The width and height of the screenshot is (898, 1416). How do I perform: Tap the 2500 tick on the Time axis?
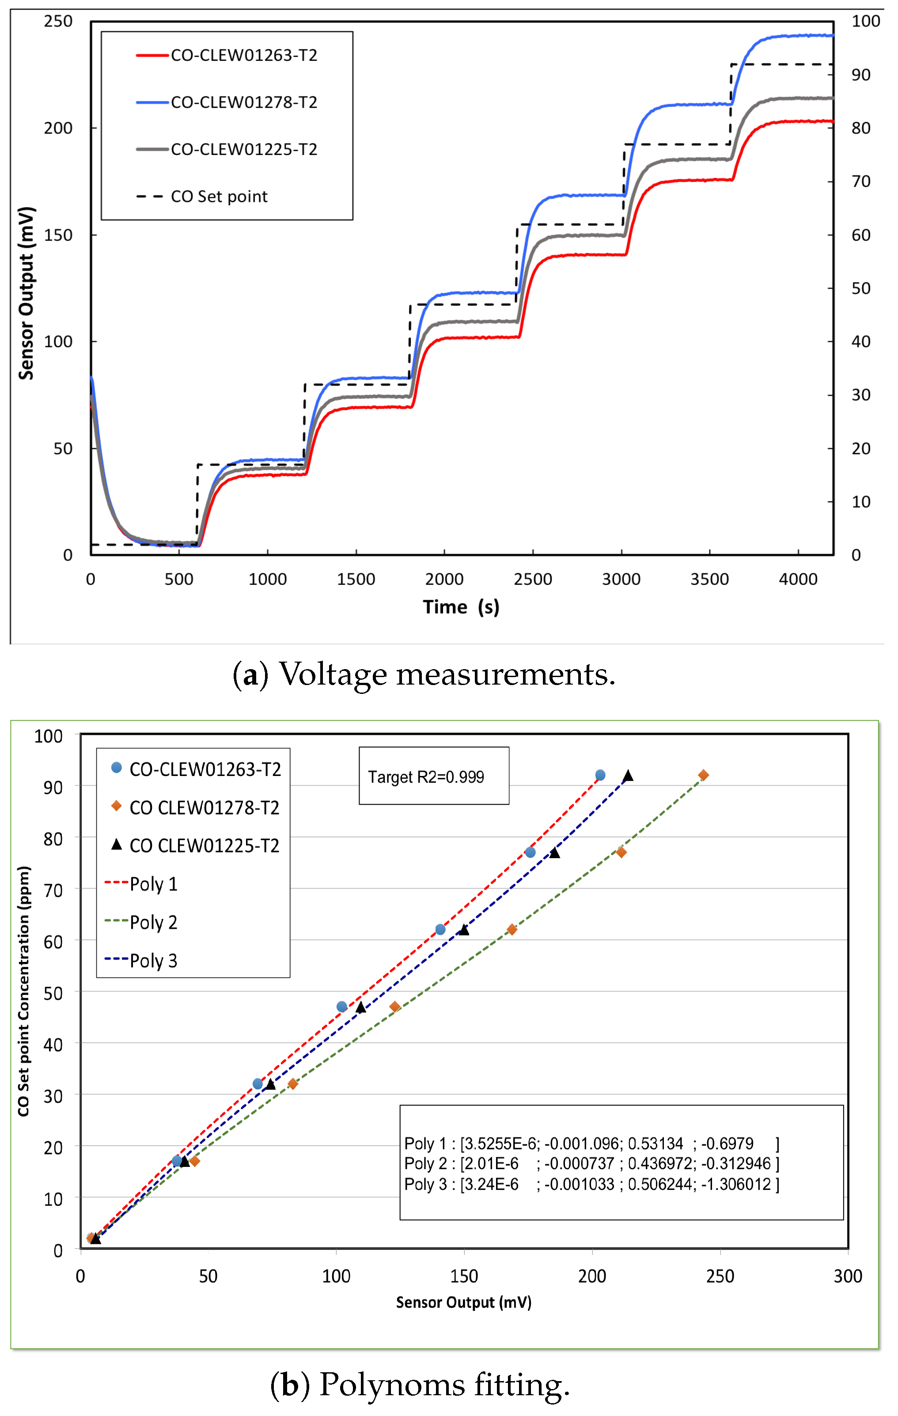pos(532,579)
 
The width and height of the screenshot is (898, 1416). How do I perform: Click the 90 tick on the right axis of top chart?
pos(860,75)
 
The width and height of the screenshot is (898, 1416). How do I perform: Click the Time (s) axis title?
pos(461,607)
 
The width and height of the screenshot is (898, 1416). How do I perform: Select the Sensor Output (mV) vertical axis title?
pos(27,293)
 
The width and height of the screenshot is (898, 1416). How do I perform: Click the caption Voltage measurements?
pos(424,674)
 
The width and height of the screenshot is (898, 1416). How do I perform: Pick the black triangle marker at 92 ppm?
pos(628,776)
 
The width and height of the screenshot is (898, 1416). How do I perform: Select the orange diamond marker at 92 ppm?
pos(703,775)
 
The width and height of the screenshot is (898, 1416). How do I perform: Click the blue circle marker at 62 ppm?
pos(440,929)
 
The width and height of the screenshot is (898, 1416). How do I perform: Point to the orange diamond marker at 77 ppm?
pos(621,852)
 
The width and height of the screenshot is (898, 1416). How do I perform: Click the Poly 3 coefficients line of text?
pos(591,1184)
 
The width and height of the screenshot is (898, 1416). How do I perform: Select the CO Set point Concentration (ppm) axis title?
pos(23,991)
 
